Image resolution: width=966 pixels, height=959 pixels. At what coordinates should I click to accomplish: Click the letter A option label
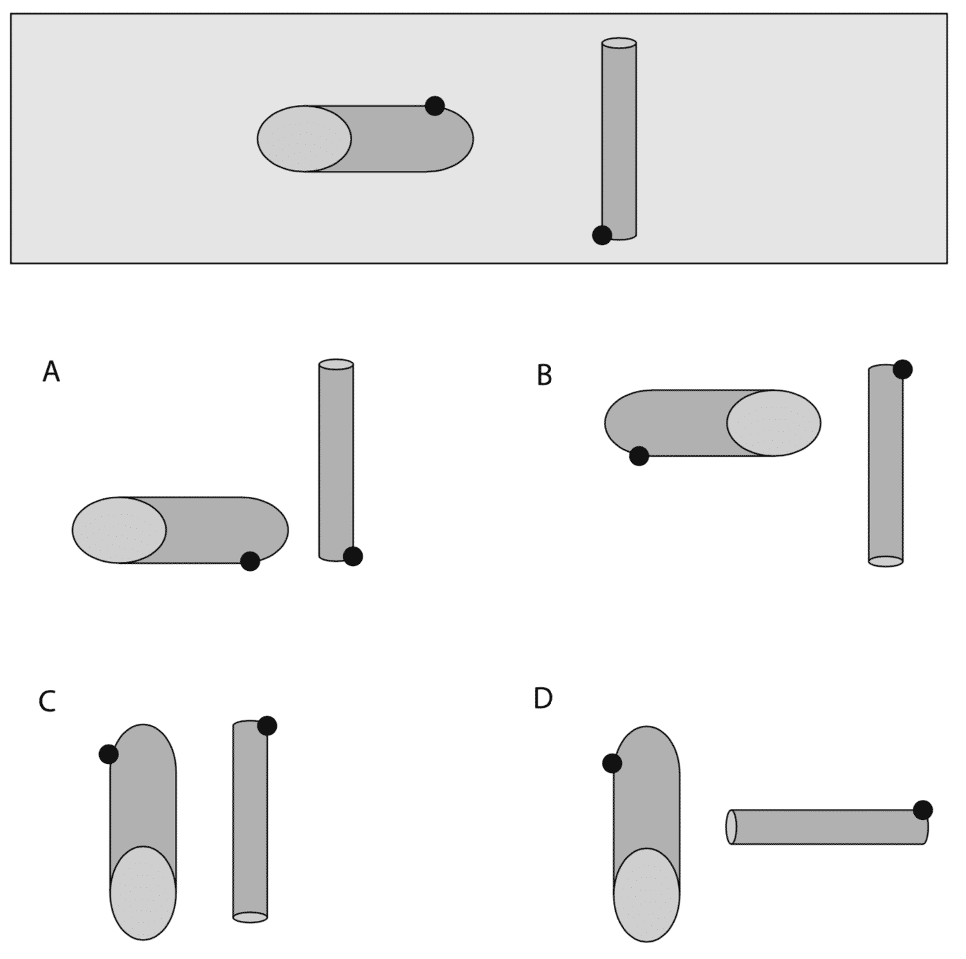pos(51,372)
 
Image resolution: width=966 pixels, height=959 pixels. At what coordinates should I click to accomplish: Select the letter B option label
pos(545,375)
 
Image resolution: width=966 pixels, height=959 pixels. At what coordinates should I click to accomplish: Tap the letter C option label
pos(47,702)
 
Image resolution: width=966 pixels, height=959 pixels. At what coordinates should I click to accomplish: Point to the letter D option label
pos(543,698)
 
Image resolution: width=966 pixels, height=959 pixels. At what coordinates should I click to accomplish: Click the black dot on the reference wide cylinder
pos(435,106)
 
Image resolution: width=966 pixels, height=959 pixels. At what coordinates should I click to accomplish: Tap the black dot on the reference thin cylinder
pos(601,235)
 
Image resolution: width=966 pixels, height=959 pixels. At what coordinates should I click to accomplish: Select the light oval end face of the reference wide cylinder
pos(304,139)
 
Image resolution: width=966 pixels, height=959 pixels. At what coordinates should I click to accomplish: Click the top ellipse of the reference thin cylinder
pos(619,43)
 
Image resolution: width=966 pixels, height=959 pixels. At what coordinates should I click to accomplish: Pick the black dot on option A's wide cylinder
pos(250,561)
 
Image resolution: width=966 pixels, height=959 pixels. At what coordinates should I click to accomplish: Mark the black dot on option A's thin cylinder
pos(353,556)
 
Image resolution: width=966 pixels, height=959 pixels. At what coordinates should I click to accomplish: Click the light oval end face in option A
pos(119,530)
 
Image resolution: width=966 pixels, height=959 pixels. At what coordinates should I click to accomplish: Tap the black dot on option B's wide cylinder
pos(639,456)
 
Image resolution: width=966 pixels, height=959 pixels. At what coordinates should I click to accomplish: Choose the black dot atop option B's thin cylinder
pos(902,369)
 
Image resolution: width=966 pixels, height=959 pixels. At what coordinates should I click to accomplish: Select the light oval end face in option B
pos(774,423)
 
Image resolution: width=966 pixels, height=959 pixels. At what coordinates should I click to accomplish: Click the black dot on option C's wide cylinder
pos(109,754)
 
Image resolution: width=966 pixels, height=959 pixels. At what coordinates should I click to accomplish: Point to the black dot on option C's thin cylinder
pos(266,725)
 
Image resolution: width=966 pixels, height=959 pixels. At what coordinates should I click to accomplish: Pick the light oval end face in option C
pos(143,893)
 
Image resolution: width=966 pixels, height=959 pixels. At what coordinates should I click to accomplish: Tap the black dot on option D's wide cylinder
pos(612,763)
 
